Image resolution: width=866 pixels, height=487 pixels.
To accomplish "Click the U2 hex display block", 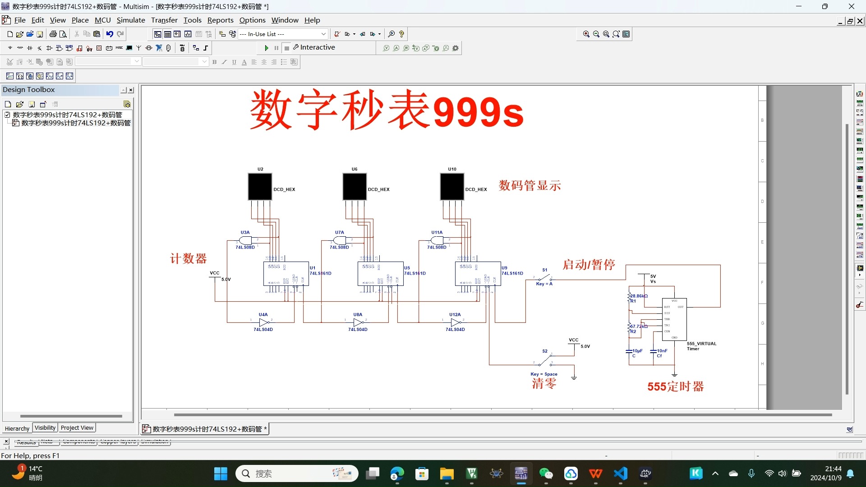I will [260, 187].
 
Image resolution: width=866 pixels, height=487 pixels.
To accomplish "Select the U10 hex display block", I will [452, 187].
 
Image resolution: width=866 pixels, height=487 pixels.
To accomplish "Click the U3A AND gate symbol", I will [245, 240].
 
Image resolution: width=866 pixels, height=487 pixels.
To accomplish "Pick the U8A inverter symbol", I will [359, 322].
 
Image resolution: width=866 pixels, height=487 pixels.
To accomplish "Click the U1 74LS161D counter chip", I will [286, 274].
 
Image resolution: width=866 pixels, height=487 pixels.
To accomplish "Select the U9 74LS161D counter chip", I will [478, 274].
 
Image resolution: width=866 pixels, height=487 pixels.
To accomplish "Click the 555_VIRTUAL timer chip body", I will [674, 319].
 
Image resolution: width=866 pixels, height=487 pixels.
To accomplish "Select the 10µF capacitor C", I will [629, 351].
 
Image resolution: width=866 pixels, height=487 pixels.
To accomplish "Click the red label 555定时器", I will [675, 387].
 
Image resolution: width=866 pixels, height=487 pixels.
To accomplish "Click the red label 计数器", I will [188, 259].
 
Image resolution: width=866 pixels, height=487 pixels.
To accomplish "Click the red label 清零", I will [544, 384].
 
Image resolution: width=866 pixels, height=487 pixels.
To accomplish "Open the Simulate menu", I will [131, 20].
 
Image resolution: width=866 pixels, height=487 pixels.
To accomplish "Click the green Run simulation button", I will [267, 48].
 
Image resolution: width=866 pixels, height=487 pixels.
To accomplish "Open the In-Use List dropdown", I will [323, 34].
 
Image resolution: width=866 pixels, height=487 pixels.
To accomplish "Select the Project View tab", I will [77, 428].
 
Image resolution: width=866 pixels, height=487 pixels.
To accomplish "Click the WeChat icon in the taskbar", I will [546, 473].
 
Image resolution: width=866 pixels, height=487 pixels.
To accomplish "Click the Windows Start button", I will [221, 473].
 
